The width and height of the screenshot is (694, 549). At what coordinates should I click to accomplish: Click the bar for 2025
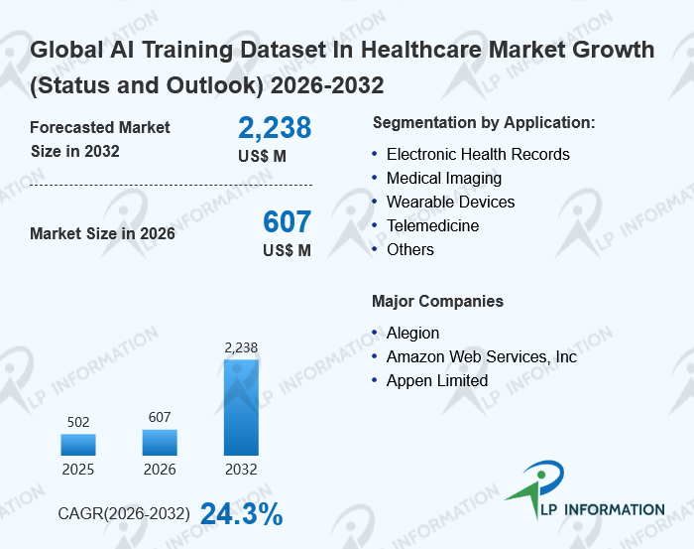click(x=78, y=445)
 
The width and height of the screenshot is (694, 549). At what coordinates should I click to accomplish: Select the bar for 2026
click(x=160, y=443)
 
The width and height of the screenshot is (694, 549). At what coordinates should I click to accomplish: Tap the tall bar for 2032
click(x=241, y=407)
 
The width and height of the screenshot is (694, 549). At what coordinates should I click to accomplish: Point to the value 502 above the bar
click(x=78, y=422)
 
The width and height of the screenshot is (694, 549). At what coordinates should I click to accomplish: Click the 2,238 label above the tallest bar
click(x=241, y=347)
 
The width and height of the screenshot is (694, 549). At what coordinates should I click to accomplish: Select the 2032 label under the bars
click(x=241, y=469)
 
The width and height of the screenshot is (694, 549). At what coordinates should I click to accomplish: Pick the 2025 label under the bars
click(x=78, y=469)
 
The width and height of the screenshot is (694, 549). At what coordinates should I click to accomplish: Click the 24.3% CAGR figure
click(x=241, y=514)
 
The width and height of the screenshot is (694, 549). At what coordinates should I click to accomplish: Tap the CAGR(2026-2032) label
click(x=124, y=514)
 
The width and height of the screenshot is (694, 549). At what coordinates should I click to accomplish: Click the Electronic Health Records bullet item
click(x=478, y=155)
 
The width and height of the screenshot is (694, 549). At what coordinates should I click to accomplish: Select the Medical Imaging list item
click(x=444, y=179)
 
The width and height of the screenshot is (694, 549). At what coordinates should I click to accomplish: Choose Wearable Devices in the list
click(x=451, y=203)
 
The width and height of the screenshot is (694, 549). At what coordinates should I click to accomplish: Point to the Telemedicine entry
click(x=432, y=226)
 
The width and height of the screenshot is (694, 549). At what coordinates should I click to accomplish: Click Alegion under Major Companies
click(x=412, y=334)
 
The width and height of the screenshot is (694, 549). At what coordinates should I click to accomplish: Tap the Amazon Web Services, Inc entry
click(x=481, y=357)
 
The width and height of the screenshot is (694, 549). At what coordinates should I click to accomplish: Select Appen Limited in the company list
click(x=437, y=381)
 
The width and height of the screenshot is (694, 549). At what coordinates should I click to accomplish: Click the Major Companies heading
click(x=437, y=302)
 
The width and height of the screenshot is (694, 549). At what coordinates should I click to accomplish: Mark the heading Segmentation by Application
click(x=484, y=123)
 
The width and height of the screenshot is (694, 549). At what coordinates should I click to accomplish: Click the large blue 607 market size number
click(x=288, y=222)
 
